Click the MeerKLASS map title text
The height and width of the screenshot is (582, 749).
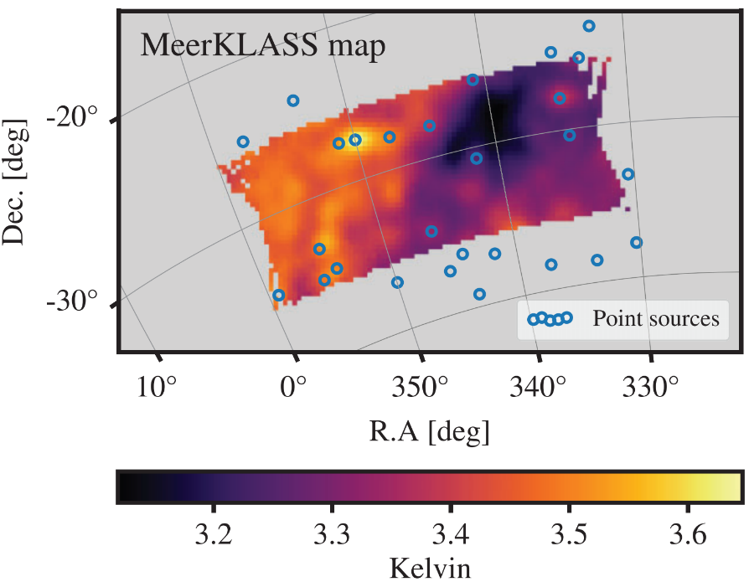click(x=263, y=46)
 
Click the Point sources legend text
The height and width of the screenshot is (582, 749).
click(x=656, y=318)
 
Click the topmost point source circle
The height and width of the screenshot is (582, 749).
click(x=589, y=26)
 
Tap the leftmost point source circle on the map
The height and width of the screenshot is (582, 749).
click(x=243, y=142)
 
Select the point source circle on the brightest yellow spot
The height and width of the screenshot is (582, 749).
click(x=355, y=140)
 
